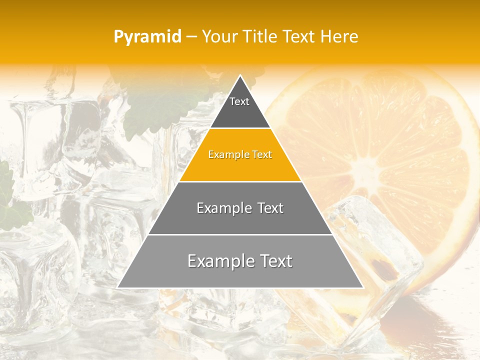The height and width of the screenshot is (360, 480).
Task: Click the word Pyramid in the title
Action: coord(147,36)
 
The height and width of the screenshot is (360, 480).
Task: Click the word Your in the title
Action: coord(219,36)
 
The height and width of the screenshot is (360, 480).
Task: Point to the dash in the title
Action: coord(191,37)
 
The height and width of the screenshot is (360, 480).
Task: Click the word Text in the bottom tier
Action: coord(274,261)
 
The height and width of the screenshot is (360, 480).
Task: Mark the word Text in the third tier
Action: coord(270,208)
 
